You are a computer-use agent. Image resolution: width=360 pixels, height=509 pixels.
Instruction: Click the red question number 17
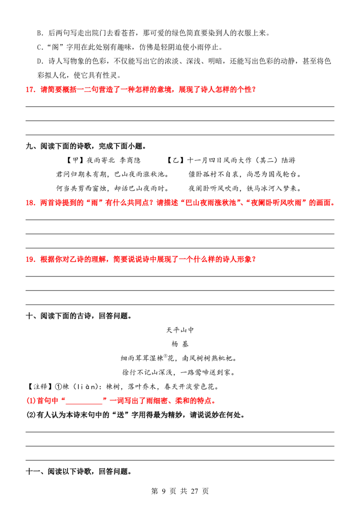pos(31,89)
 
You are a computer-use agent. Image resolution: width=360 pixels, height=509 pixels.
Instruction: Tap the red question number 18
pos(31,203)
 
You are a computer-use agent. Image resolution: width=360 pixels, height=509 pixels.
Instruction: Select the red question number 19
pos(31,259)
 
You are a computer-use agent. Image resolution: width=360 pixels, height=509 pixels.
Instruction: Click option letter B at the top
pos(40,33)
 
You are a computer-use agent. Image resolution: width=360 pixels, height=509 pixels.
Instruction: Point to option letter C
pos(40,47)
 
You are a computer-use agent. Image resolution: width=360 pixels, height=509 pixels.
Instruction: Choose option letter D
pos(40,61)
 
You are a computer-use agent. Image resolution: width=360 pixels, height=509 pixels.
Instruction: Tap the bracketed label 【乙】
pos(176,161)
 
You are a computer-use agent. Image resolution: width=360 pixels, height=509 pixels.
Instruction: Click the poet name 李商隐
pos(130,161)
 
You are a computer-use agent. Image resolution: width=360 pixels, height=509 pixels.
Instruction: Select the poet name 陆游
pos(288,161)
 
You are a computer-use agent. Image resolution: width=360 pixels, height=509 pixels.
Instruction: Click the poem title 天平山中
pos(180,330)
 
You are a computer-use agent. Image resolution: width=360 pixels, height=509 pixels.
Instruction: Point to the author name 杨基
pos(180,344)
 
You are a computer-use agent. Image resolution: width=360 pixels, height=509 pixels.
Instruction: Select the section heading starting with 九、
pos(86,147)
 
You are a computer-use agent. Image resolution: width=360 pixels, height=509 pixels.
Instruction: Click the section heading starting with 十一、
pos(79,472)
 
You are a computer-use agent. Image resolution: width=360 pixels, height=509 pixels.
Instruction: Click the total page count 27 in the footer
pos(194,491)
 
